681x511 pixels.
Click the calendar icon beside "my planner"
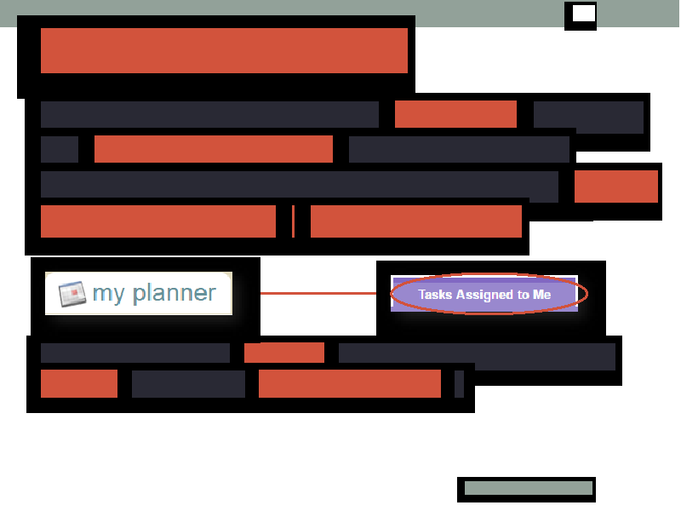pos(72,294)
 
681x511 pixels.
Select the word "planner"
pos(175,293)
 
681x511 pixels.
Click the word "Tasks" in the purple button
pos(435,294)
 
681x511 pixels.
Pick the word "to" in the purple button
pos(523,295)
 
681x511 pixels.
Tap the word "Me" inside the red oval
pos(542,294)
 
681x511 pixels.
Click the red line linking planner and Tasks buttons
pos(318,293)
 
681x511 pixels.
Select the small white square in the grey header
pos(584,14)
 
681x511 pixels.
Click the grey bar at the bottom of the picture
pos(529,487)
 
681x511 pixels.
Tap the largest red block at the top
pos(224,50)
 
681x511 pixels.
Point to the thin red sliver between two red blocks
pos(294,221)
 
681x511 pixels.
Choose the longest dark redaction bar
pos(300,184)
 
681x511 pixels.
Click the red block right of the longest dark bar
pos(616,187)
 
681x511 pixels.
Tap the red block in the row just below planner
pos(284,353)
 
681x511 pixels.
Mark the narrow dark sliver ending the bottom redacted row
pos(459,384)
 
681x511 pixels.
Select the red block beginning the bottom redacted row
pos(79,384)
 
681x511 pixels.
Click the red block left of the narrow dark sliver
pos(350,384)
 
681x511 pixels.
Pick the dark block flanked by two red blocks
pos(188,384)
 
